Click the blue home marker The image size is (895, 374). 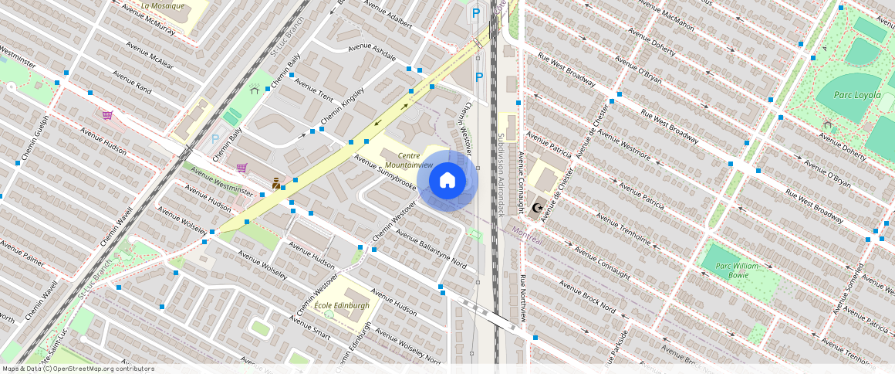[447, 181]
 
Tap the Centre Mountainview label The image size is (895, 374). [409, 161]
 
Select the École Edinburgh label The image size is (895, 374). [342, 305]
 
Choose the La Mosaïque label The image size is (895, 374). [163, 5]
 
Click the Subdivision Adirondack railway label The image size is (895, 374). [500, 174]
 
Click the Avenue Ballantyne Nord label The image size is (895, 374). [431, 250]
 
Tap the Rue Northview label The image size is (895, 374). [523, 298]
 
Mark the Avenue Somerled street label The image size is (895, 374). [848, 289]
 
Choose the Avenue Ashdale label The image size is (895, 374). [371, 52]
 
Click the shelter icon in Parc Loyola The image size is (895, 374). [828, 124]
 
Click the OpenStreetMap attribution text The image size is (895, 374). [77, 369]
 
